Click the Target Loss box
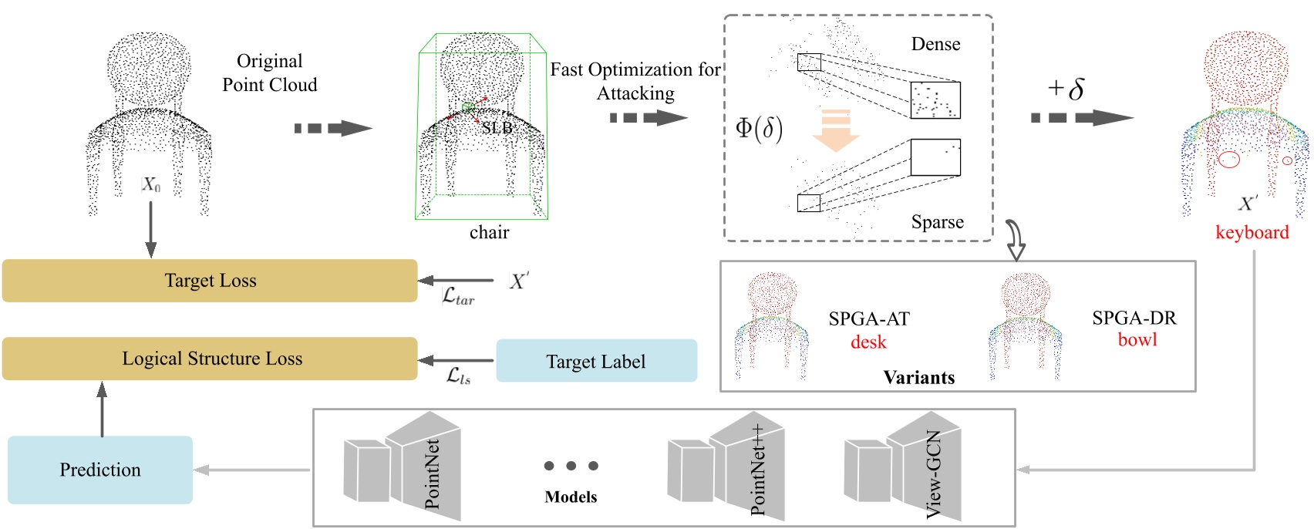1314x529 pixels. pyautogui.click(x=210, y=281)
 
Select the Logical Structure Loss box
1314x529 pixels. pyautogui.click(x=210, y=359)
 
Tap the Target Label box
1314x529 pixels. pyautogui.click(x=596, y=361)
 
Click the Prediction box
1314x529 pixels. pyautogui.click(x=100, y=470)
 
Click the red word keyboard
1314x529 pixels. pyautogui.click(x=1252, y=232)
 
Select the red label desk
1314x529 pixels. pyautogui.click(x=868, y=342)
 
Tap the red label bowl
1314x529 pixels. pyautogui.click(x=1137, y=340)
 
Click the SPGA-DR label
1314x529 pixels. pyautogui.click(x=1134, y=318)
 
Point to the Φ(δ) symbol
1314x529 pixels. pyautogui.click(x=759, y=128)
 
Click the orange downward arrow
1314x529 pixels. pyautogui.click(x=836, y=130)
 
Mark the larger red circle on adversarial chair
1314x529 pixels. pyautogui.click(x=1228, y=160)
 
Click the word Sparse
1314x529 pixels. pyautogui.click(x=937, y=222)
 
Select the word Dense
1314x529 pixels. pyautogui.click(x=935, y=44)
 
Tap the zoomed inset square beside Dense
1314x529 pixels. pyautogui.click(x=935, y=99)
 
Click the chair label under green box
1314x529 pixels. pyautogui.click(x=489, y=232)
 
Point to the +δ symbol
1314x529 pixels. pyautogui.click(x=1066, y=89)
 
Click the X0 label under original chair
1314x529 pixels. pyautogui.click(x=151, y=185)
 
